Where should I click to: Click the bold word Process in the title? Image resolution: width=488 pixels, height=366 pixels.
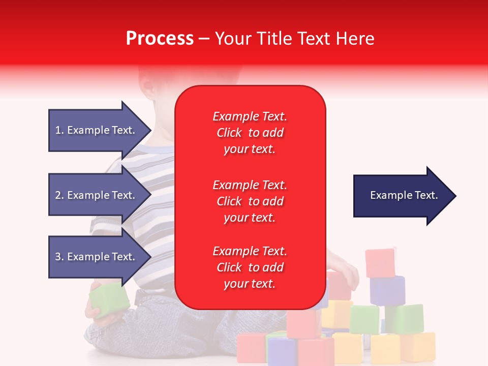point(160,39)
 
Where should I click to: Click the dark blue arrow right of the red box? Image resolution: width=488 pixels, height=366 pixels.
point(402,195)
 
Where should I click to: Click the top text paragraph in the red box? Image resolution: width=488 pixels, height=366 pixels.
point(250,133)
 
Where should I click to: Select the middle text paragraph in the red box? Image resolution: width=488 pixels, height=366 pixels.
point(250,201)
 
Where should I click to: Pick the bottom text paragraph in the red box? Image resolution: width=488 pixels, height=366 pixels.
point(250,267)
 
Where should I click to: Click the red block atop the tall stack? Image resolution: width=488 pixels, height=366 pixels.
point(380,263)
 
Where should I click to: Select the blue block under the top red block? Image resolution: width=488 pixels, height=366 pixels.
point(387,291)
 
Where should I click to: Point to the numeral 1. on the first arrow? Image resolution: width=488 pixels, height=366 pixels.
point(59,130)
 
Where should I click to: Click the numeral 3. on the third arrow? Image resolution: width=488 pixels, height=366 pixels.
point(59,257)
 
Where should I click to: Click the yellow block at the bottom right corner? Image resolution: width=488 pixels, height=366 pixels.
point(419,347)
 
